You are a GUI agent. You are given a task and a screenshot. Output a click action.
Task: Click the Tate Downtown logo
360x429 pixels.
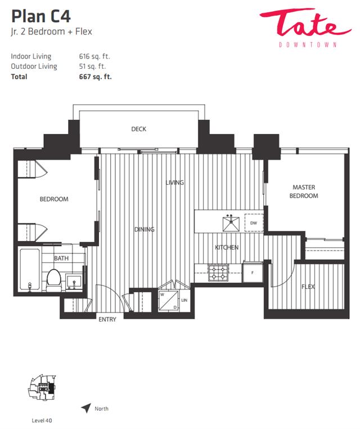click(x=305, y=28)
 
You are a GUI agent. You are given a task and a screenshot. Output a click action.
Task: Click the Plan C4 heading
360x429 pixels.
click(x=41, y=16)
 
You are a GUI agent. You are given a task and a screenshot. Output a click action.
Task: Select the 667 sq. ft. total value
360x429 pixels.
click(x=96, y=77)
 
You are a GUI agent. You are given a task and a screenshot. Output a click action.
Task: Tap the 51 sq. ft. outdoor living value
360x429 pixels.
click(x=92, y=66)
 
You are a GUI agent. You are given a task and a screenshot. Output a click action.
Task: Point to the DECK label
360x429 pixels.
click(x=138, y=129)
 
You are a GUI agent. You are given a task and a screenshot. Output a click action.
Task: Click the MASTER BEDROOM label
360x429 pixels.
click(x=304, y=191)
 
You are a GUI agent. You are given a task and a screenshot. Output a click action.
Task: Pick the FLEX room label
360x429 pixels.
click(x=308, y=287)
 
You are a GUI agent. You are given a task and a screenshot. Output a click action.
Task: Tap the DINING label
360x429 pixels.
click(x=145, y=229)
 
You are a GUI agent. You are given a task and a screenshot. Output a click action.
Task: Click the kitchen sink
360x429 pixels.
click(x=231, y=224)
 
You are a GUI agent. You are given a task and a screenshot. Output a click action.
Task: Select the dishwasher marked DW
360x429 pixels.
click(x=254, y=223)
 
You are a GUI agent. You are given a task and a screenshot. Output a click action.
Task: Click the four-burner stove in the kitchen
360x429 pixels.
click(x=218, y=273)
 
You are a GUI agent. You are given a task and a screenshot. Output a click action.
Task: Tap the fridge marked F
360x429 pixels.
click(x=253, y=272)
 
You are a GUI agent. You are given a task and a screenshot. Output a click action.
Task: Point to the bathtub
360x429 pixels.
click(x=30, y=270)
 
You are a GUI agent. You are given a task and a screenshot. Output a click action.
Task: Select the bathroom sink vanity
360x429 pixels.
click(x=74, y=282)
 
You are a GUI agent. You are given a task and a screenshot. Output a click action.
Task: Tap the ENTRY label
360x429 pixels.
click(x=107, y=319)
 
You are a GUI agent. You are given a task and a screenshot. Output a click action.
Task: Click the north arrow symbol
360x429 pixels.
click(x=86, y=408)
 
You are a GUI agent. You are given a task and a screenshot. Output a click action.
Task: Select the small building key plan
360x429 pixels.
click(x=42, y=388)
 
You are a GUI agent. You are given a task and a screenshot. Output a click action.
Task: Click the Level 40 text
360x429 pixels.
click(x=42, y=421)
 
